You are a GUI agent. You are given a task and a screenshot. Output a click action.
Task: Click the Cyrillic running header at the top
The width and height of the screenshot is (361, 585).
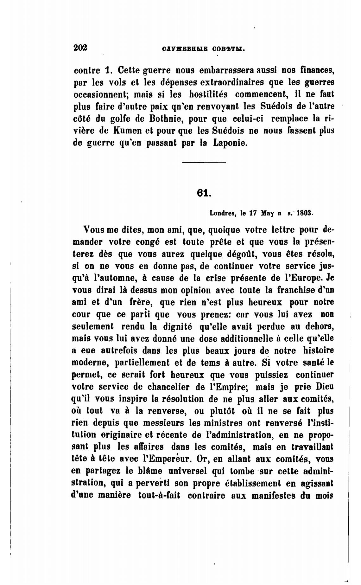[204, 49]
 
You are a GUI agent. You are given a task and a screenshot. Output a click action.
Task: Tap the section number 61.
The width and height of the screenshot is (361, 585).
[204, 193]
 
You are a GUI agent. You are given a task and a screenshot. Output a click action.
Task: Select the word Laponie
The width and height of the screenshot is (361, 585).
[229, 143]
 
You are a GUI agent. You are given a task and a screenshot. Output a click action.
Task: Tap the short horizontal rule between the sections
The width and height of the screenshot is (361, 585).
[204, 163]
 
